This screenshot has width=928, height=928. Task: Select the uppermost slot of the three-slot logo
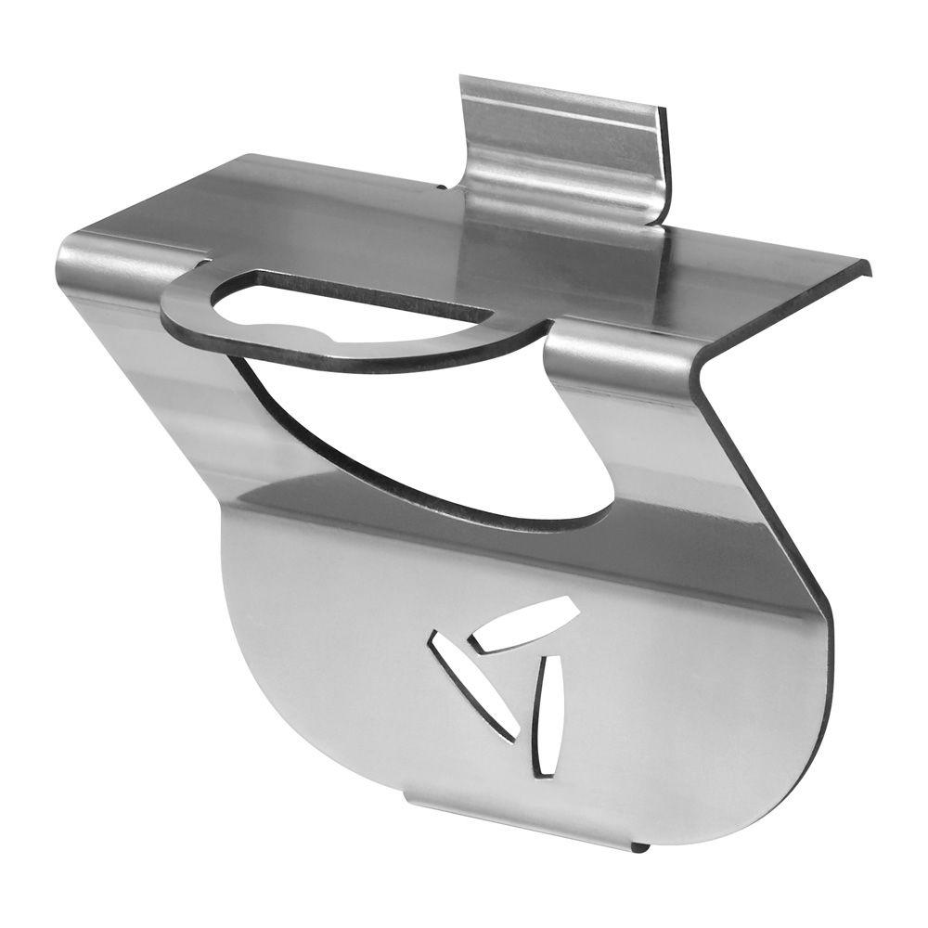click(x=523, y=624)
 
